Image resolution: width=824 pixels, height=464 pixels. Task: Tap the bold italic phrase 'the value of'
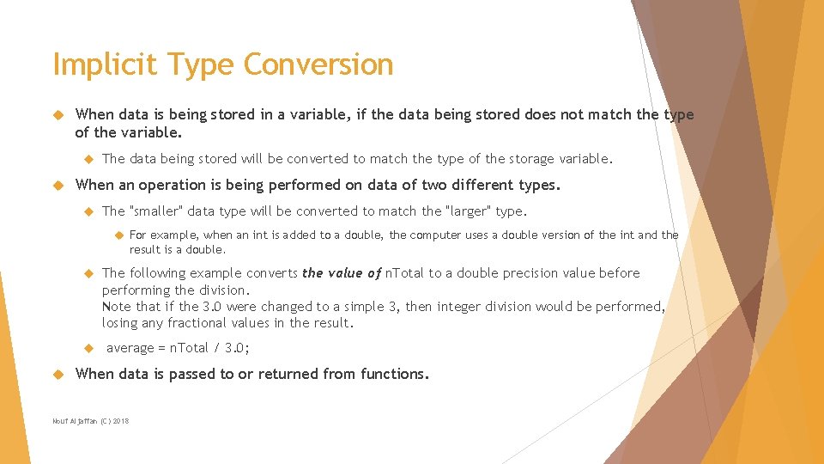coord(341,273)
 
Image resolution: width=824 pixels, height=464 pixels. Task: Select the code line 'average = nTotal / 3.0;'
coord(178,348)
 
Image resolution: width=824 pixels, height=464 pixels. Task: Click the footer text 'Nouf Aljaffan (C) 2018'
coord(91,421)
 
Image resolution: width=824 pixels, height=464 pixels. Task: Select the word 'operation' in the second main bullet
coord(178,185)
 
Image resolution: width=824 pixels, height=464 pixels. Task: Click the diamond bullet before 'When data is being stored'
coord(58,115)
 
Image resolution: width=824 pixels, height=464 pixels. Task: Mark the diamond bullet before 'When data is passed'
coord(58,375)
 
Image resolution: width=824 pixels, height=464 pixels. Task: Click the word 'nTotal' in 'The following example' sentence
coord(404,273)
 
